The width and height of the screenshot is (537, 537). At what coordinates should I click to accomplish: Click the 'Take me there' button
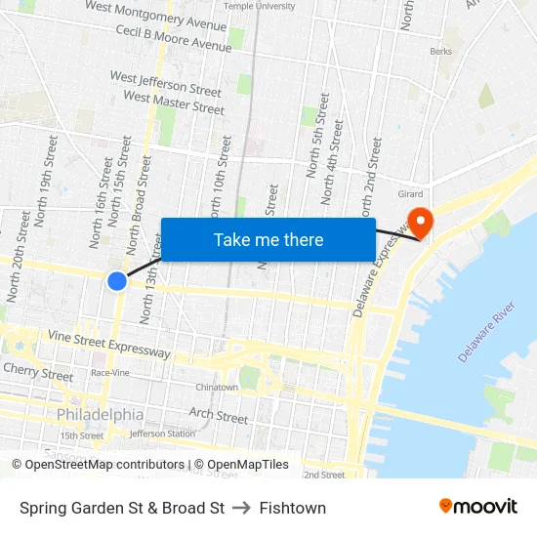point(268,239)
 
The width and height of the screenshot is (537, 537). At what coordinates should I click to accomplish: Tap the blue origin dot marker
point(117,281)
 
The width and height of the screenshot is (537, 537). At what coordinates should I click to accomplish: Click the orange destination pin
point(421,223)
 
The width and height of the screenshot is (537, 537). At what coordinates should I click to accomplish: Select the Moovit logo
point(477,507)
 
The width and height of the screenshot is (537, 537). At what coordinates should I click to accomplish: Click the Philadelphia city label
point(100,414)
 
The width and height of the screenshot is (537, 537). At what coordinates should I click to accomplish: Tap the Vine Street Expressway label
point(109,344)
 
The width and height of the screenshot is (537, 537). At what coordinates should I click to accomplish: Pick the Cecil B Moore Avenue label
point(173,38)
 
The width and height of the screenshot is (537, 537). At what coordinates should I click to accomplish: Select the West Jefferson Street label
point(165,83)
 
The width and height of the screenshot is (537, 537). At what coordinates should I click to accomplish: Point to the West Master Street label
point(174,103)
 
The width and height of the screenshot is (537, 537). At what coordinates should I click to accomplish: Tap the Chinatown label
point(216,388)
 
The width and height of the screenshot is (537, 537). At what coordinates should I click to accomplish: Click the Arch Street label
point(218,416)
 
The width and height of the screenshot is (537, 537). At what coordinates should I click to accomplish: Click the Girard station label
point(410,194)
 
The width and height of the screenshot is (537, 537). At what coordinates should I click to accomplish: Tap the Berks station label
point(440,52)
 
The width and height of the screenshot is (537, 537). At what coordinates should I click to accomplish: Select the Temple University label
point(259,6)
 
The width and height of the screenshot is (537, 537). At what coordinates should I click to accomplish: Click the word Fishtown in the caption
point(293,508)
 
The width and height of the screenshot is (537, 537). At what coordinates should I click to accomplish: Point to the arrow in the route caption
point(242,508)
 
